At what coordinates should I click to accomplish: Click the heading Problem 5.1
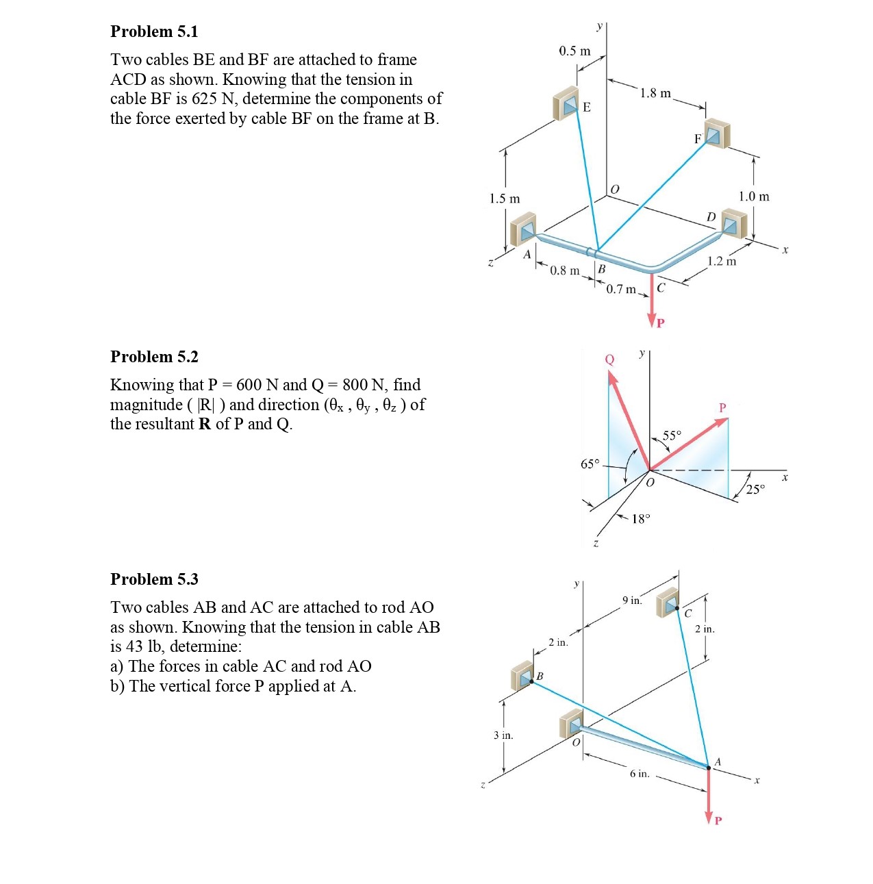[154, 31]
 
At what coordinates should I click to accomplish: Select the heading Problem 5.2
[154, 357]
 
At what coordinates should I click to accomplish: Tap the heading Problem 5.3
[154, 579]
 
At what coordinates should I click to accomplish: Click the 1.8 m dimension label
[655, 93]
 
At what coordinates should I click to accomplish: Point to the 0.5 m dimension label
[574, 51]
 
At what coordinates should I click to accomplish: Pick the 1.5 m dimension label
[505, 199]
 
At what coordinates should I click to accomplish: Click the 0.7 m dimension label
[621, 289]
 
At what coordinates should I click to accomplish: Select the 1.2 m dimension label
[722, 261]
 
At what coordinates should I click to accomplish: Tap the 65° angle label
[590, 464]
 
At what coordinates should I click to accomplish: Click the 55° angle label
[672, 435]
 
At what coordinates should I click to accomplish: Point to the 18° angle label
[640, 519]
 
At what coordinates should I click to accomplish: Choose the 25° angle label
[755, 489]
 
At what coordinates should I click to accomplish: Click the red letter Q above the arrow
[609, 359]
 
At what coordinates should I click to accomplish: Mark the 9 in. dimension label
[632, 601]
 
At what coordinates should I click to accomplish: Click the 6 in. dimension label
[640, 774]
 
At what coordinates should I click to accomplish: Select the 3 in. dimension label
[503, 735]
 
